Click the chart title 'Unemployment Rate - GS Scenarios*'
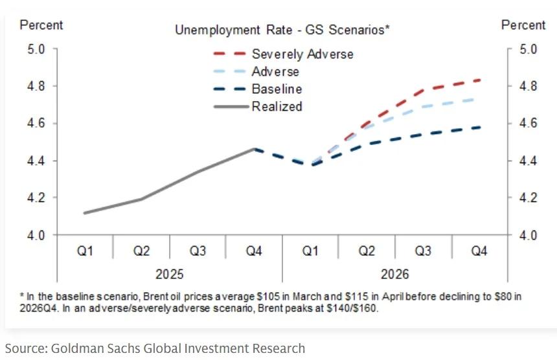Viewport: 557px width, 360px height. click(282, 30)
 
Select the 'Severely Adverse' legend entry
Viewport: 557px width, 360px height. click(302, 54)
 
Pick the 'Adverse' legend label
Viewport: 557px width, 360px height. click(275, 71)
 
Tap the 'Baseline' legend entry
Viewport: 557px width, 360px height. click(277, 89)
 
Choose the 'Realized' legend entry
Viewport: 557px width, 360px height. click(277, 106)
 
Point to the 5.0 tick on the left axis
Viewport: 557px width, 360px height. click(36, 49)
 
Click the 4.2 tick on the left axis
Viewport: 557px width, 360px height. click(36, 197)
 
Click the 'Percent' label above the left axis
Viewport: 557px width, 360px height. click(41, 25)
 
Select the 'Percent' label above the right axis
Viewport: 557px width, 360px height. click(523, 25)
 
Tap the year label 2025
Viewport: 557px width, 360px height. click(170, 274)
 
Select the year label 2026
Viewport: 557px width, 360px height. click(395, 274)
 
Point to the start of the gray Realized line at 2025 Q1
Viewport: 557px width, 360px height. click(85, 213)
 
